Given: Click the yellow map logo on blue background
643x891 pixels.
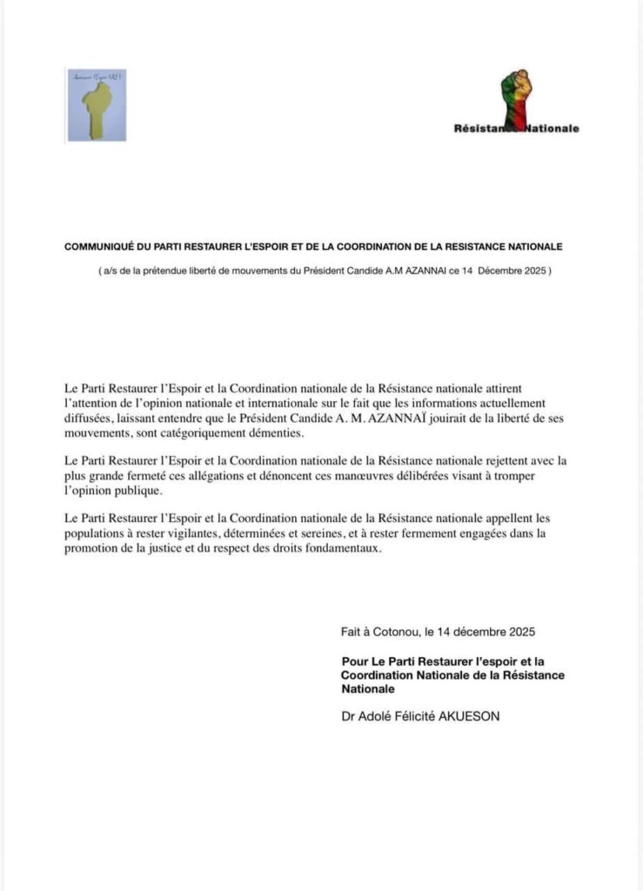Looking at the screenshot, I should coord(97,105).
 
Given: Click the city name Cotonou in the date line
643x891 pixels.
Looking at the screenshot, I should coord(392,631).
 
